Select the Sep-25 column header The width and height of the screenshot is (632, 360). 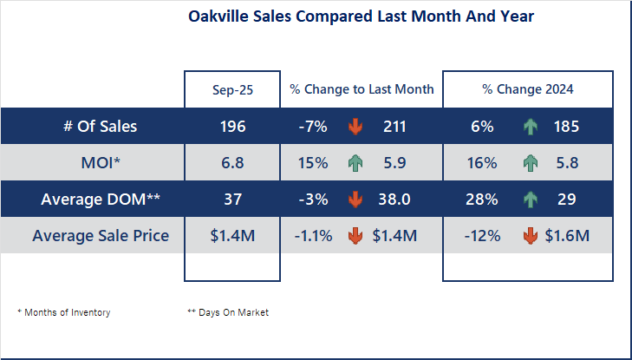232,89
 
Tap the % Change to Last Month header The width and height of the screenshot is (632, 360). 362,89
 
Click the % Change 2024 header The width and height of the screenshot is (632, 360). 528,89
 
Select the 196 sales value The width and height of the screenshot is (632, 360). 232,127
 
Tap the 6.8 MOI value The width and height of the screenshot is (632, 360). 232,163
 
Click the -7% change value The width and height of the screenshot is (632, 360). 312,127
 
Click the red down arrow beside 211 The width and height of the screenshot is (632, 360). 355,127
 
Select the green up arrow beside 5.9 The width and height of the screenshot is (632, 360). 355,163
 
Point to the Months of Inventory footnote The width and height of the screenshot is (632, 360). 64,312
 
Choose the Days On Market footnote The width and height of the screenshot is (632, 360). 228,312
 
